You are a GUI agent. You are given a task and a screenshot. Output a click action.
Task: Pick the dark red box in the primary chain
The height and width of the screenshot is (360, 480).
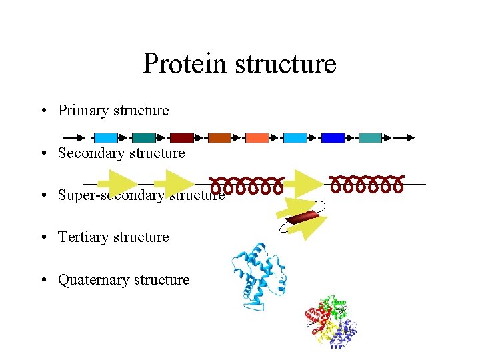point(181,138)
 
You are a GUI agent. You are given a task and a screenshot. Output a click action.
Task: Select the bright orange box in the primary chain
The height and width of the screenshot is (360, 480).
point(257,138)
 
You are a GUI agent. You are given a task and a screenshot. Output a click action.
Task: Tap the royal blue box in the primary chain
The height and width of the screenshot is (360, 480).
point(333,138)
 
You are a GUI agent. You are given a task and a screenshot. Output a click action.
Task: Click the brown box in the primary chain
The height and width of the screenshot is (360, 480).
point(219,138)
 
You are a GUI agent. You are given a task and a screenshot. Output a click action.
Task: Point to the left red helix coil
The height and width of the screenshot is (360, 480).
point(247,185)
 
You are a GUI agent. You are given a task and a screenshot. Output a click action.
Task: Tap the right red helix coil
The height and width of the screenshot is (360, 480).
point(367,183)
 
